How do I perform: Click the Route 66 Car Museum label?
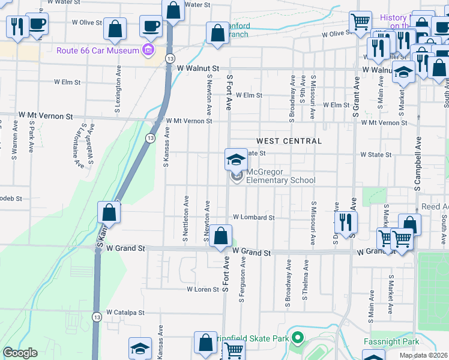click(x=98, y=50)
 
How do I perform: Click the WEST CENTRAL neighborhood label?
click(x=289, y=141)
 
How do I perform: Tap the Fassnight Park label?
click(x=391, y=341)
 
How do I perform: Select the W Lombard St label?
click(x=254, y=217)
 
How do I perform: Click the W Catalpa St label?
click(x=126, y=313)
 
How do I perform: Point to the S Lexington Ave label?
click(x=118, y=95)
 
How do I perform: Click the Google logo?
click(x=20, y=353)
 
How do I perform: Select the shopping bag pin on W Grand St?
click(x=221, y=236)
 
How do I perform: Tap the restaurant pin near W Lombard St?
click(x=346, y=222)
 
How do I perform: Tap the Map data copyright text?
click(x=424, y=355)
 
